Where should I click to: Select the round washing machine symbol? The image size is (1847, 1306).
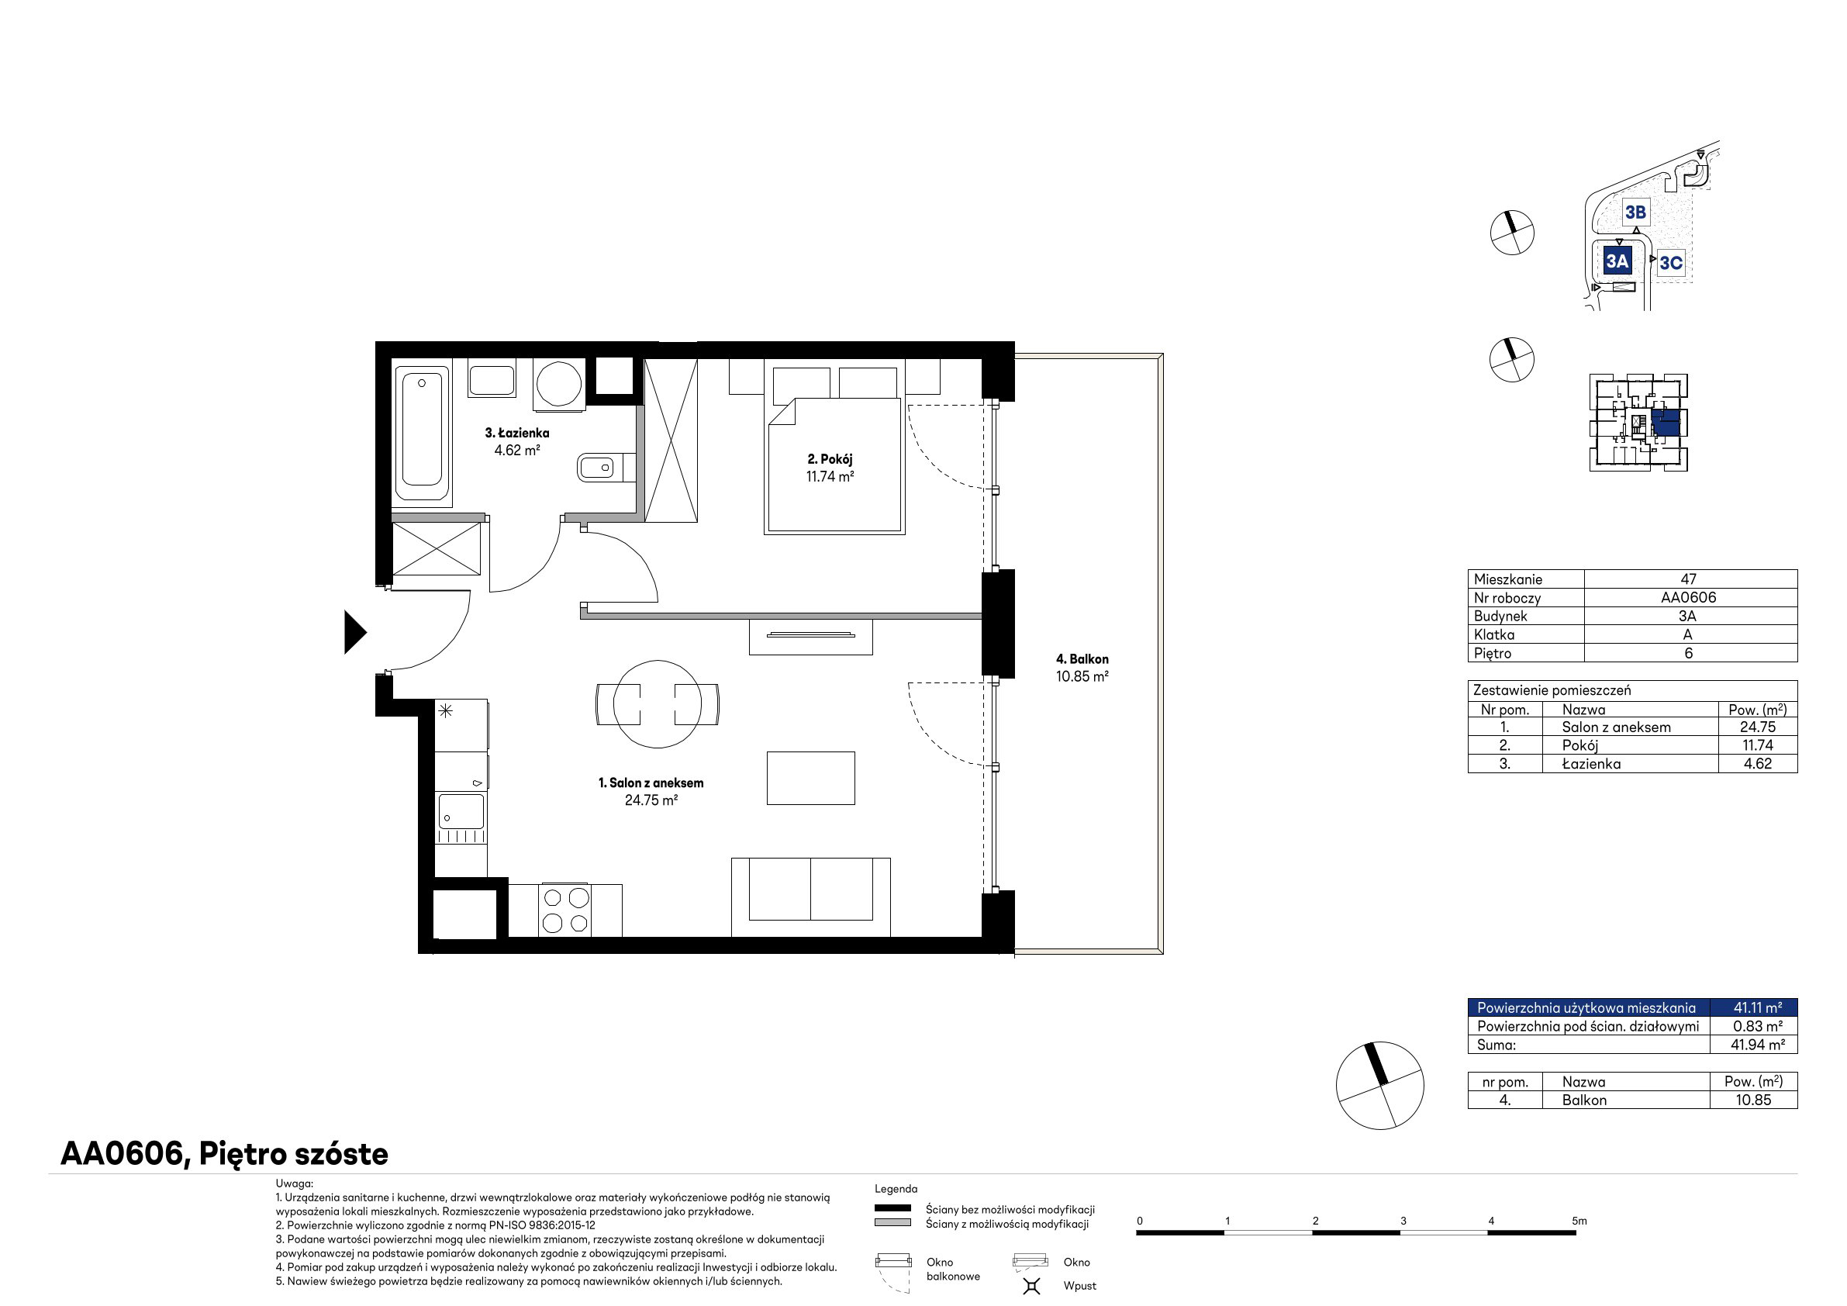point(559,383)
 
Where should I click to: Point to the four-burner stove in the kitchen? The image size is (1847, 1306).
point(565,910)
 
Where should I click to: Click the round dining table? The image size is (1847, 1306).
point(658,704)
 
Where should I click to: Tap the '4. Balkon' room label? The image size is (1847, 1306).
point(1082,659)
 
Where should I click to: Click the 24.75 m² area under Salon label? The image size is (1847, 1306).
point(651,800)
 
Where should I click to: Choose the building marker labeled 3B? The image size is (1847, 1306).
point(1635,212)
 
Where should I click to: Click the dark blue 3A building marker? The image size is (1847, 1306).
point(1616,261)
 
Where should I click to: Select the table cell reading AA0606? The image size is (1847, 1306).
point(1689,597)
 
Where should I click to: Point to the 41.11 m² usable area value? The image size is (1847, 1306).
point(1757,1007)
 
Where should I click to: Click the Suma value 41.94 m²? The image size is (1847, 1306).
point(1758,1045)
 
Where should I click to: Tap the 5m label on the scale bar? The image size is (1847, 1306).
point(1579,1221)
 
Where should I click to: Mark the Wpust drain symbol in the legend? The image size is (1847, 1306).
point(1031,1286)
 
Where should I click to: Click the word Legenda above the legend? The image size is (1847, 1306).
point(896,1189)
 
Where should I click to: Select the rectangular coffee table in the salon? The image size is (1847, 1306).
point(810,778)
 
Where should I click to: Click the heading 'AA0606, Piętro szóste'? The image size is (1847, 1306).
point(224,1154)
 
